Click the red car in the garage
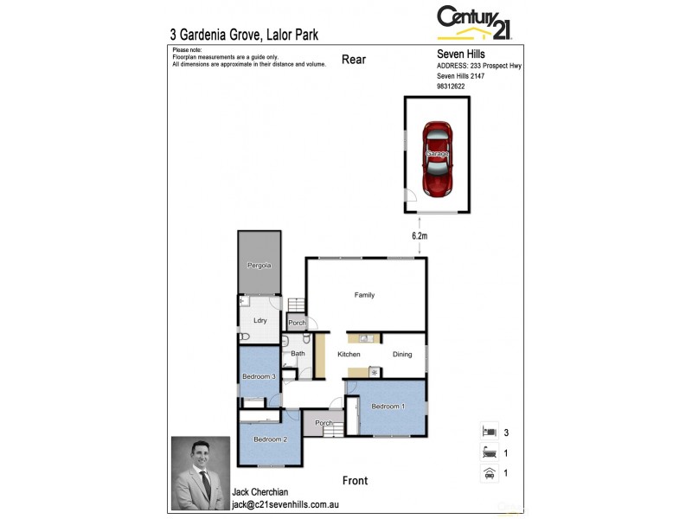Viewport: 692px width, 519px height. pyautogui.click(x=438, y=157)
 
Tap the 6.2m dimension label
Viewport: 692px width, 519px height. pyautogui.click(x=420, y=235)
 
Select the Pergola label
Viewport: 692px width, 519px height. pyautogui.click(x=259, y=266)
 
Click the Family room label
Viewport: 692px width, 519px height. pyautogui.click(x=364, y=295)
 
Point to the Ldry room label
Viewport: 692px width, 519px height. pyautogui.click(x=259, y=320)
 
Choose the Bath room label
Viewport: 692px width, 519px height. pyautogui.click(x=298, y=353)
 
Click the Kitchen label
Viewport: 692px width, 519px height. pyautogui.click(x=349, y=355)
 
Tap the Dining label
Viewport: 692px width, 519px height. pyautogui.click(x=402, y=355)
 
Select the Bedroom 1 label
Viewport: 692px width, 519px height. pyautogui.click(x=388, y=406)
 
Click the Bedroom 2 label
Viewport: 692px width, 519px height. pyautogui.click(x=270, y=439)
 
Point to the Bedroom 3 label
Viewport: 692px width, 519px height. pyautogui.click(x=259, y=376)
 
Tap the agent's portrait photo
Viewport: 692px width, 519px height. pyautogui.click(x=201, y=472)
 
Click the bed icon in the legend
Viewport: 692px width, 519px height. pyautogui.click(x=488, y=431)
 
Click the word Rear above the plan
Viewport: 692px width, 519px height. pyautogui.click(x=355, y=59)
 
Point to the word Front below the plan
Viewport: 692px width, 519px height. pyautogui.click(x=355, y=481)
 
